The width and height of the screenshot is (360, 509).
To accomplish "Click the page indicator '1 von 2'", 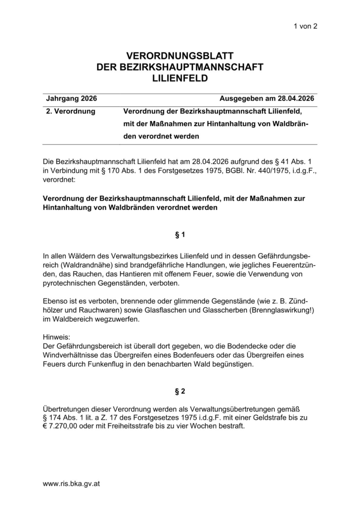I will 305,26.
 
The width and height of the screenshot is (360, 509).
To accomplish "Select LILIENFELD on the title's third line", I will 180,78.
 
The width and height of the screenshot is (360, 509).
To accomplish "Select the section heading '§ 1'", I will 180,235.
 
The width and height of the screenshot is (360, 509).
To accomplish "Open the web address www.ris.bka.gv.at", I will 72,484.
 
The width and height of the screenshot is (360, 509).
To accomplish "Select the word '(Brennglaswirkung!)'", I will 278,310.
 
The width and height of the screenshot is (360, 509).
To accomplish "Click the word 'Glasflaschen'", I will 162,310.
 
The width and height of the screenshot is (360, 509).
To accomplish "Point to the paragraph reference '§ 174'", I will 54,418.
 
